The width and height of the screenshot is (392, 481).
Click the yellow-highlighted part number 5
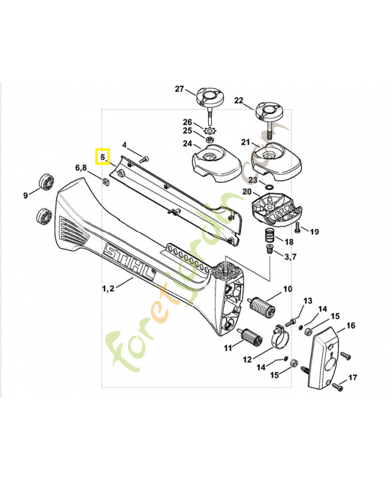(x=103, y=157)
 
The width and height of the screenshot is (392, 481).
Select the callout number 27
(x=179, y=89)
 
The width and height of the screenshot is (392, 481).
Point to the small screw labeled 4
(x=144, y=159)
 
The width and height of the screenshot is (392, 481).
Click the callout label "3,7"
(x=290, y=257)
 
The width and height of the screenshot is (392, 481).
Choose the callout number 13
(x=307, y=301)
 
